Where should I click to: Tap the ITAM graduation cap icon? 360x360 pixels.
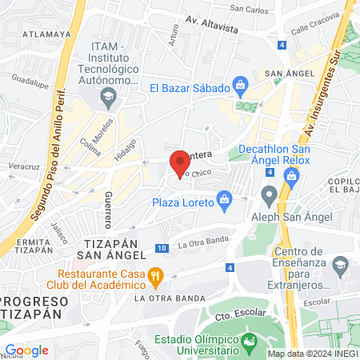tap(108, 97)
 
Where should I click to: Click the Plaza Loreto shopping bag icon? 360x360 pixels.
tap(225, 197)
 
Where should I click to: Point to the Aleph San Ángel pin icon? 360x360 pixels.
tap(269, 194)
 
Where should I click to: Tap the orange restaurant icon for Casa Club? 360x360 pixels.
tap(157, 278)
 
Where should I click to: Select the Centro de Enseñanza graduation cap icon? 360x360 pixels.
tap(342, 264)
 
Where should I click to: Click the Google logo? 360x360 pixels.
tap(26, 350)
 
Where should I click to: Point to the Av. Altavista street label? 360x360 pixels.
tap(213, 27)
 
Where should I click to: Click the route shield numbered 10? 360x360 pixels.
tap(162, 249)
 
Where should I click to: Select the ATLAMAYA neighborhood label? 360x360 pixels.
tap(42, 34)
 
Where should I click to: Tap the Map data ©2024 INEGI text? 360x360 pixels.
tap(312, 353)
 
